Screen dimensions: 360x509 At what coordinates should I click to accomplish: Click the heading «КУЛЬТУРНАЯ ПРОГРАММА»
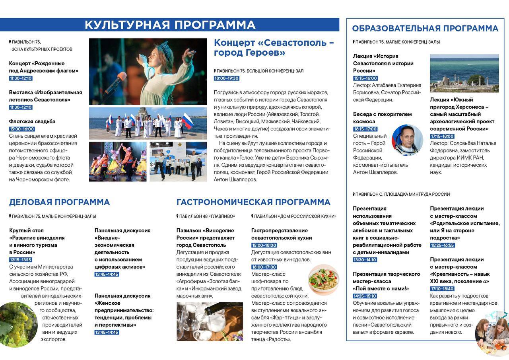tap(170, 25)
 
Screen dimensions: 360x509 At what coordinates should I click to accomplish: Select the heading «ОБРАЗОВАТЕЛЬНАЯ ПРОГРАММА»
tap(425, 29)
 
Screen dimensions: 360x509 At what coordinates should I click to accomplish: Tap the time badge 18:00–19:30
tap(226, 78)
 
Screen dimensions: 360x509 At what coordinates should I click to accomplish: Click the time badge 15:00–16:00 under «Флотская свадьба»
tap(22, 129)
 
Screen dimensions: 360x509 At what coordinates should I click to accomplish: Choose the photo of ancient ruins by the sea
tap(464, 73)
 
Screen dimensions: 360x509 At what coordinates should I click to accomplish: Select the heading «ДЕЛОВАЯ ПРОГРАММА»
tap(59, 202)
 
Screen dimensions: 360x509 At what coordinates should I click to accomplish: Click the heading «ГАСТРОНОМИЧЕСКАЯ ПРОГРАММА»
tap(253, 202)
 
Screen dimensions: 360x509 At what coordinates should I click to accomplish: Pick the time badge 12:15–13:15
tap(20, 260)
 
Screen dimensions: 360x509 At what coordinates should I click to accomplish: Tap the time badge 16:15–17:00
tap(365, 129)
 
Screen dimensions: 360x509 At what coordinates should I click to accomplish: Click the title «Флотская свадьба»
tap(32, 121)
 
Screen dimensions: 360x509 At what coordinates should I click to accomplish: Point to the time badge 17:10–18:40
tap(442, 289)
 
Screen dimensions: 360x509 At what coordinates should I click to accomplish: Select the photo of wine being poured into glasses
tap(210, 321)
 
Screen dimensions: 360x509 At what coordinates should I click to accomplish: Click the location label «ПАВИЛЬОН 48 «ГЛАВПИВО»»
tap(206, 216)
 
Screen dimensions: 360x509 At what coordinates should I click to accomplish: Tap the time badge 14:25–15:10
tap(365, 296)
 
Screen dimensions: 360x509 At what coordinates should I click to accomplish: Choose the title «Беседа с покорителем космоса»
tap(377, 118)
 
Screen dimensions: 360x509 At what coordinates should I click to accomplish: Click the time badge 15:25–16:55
tap(442, 245)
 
